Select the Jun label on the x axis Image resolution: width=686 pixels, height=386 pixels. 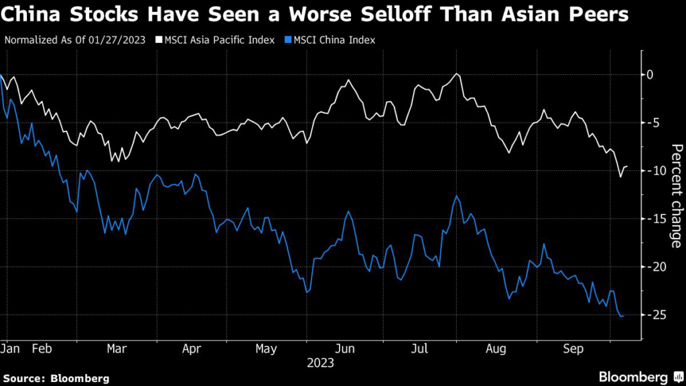pos(344,349)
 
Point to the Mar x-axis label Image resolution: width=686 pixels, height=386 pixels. pos(118,349)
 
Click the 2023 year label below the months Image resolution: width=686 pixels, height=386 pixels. pos(320,363)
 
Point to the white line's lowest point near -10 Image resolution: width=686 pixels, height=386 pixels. pos(620,177)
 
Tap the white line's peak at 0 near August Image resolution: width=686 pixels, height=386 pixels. pos(456,74)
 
